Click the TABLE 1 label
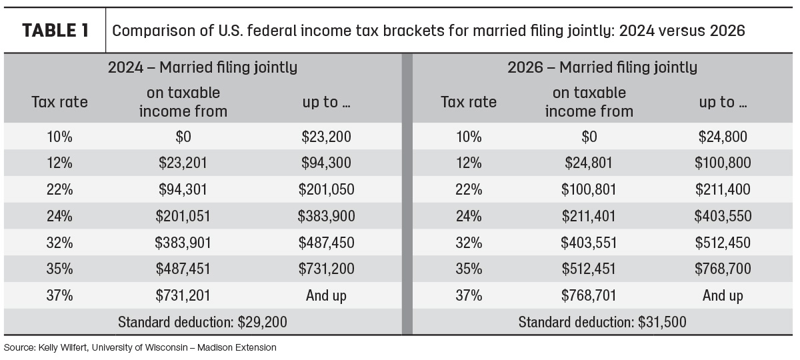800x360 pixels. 55,31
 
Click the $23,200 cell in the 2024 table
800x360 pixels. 326,137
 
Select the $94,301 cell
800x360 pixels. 183,189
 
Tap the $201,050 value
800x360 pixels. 326,189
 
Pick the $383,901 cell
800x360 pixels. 183,243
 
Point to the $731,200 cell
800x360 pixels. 326,269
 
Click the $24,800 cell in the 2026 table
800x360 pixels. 723,137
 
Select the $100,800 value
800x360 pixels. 723,163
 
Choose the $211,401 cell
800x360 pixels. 589,216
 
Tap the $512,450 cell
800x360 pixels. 723,243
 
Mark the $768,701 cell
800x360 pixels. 589,296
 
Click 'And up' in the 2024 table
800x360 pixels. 326,296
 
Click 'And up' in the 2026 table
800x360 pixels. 723,296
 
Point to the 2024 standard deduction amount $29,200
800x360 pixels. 262,322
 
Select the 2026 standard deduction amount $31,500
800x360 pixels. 662,322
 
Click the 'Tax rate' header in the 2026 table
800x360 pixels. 469,102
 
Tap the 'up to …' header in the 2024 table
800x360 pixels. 326,103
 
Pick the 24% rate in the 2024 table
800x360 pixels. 59,216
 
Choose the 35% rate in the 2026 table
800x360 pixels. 469,269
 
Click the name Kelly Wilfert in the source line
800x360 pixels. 63,347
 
